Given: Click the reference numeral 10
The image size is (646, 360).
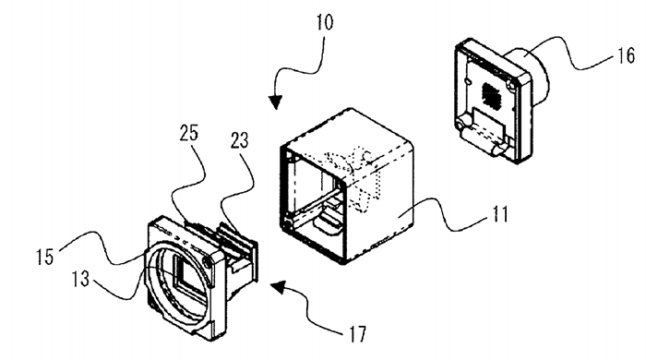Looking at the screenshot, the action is point(325,22).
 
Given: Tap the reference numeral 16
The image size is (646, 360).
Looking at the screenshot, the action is point(626,55).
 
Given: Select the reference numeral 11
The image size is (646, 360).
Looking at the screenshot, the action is point(500,214).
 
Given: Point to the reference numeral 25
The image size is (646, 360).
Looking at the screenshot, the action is point(189,134).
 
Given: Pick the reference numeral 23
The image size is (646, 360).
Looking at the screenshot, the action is point(239,141).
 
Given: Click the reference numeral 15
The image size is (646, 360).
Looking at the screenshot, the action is point(45,257).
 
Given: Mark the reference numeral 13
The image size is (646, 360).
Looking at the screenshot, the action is point(80,280).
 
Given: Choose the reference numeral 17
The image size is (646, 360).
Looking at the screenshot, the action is point(357,334).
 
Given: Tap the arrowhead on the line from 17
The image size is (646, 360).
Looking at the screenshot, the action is point(279,286).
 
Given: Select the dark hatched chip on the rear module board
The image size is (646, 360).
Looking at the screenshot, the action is point(490,94).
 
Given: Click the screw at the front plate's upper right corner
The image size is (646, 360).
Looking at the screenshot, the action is point(208,261).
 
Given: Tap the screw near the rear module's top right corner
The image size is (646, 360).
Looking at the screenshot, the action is point(511,86).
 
